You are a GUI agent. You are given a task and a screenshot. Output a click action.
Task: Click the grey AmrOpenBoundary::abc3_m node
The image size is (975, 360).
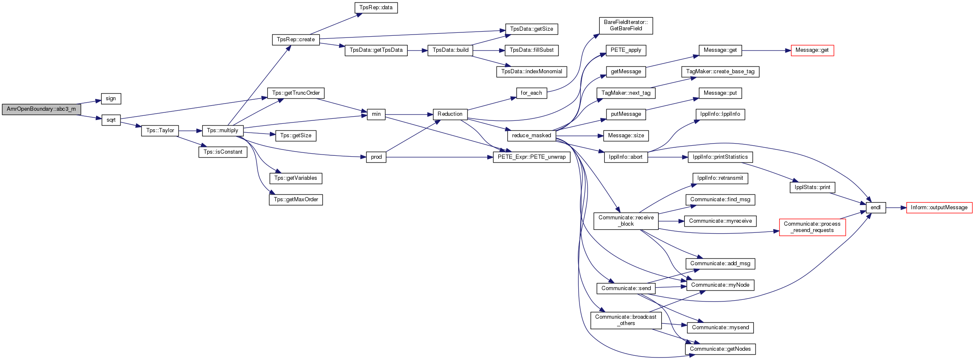41,109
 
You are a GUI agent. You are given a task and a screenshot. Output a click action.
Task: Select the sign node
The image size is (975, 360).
111,99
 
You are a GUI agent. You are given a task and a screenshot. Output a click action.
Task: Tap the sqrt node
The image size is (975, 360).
111,120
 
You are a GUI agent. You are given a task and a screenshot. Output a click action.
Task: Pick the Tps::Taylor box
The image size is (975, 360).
160,131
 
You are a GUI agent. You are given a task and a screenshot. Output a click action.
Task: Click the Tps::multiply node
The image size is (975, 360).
223,131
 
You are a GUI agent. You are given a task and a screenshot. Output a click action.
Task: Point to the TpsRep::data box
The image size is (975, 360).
376,8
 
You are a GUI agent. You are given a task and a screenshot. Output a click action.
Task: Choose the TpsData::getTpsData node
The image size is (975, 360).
376,50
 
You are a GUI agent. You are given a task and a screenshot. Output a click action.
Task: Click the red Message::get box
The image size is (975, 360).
812,50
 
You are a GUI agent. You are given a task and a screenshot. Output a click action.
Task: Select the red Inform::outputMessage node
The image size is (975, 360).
939,208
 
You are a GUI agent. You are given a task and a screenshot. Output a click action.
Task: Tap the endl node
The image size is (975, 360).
876,208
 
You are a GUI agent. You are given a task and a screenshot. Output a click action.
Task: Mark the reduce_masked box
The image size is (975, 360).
532,136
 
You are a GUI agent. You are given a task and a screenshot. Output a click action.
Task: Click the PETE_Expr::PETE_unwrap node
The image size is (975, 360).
532,157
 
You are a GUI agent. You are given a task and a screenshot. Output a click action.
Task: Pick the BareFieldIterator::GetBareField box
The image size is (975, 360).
626,25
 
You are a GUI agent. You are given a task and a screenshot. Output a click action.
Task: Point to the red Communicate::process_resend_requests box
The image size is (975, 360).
812,227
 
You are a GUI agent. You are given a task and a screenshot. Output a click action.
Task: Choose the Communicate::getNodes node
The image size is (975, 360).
720,349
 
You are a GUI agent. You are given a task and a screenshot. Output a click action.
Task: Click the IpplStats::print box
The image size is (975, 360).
812,187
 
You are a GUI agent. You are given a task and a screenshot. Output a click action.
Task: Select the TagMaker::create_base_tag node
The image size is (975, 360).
720,72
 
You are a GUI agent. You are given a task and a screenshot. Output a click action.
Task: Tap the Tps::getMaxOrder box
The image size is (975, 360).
296,200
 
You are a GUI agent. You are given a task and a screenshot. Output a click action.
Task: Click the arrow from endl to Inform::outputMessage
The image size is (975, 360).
896,208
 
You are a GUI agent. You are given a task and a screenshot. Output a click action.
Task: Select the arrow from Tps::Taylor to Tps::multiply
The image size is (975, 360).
190,131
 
